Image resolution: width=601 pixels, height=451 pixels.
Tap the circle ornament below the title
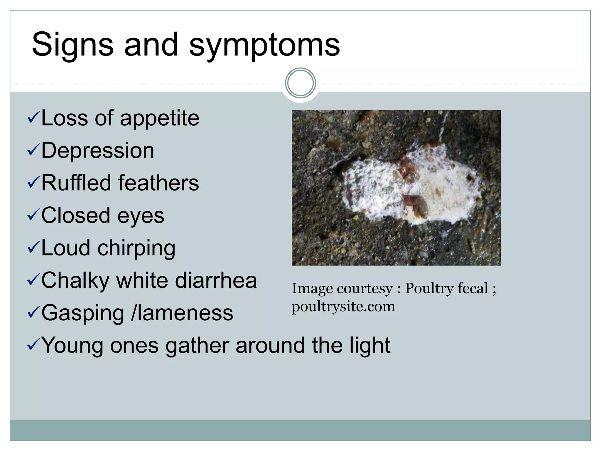(x=300, y=83)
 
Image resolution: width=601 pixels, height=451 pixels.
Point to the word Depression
(x=97, y=151)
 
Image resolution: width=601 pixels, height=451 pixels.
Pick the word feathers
(x=158, y=183)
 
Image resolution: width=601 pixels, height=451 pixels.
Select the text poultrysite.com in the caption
(x=343, y=307)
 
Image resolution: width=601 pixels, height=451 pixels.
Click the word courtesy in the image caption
(x=365, y=288)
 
